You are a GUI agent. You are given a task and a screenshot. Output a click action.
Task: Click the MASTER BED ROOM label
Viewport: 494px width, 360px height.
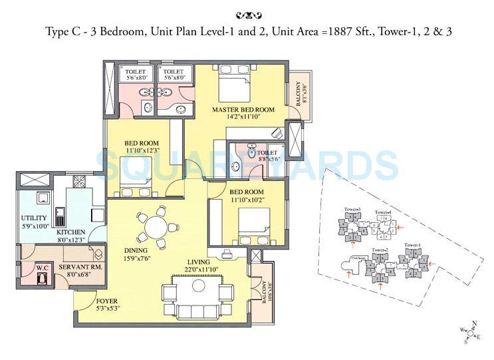tap(243, 109)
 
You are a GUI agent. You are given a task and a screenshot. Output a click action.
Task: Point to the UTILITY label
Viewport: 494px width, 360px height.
tap(33, 218)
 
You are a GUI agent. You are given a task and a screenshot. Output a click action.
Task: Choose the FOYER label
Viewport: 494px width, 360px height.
tap(88, 301)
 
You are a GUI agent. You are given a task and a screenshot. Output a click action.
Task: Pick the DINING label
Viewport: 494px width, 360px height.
tap(135, 251)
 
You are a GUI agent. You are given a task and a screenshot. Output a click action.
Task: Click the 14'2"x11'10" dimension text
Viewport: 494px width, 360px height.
tap(243, 117)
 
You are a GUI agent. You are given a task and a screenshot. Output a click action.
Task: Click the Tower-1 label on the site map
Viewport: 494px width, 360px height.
tap(412, 245)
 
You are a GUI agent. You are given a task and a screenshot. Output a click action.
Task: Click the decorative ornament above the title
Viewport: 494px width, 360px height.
tap(247, 13)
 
